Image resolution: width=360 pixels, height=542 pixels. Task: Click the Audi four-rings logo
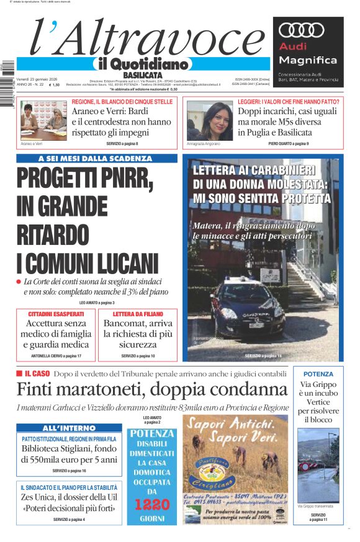click(302, 30)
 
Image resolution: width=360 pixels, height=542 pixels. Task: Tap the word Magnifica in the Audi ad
click(308, 60)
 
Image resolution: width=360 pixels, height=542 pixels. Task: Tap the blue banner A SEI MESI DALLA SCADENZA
click(98, 159)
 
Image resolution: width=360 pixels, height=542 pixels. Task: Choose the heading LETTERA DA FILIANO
click(138, 314)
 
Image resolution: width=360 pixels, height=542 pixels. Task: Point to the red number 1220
click(151, 504)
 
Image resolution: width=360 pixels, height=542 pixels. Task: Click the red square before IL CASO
click(19, 374)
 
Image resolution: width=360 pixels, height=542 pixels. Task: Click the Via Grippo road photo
click(318, 464)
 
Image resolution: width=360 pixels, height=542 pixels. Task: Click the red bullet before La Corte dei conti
click(19, 282)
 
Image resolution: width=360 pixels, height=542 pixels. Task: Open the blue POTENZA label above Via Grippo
click(318, 374)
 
